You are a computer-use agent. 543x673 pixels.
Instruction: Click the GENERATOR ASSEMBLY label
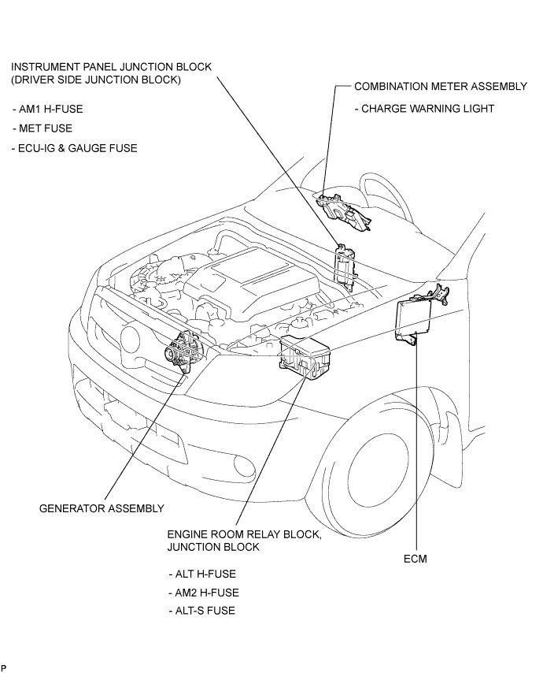[x=102, y=508]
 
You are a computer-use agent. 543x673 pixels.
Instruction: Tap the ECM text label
[x=416, y=559]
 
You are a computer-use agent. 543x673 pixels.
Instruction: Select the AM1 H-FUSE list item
[x=47, y=109]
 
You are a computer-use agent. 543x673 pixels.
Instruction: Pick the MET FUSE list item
[x=42, y=128]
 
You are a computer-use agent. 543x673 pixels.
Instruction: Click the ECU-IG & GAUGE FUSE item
[x=75, y=148]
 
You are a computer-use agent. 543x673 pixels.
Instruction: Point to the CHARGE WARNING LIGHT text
[x=424, y=109]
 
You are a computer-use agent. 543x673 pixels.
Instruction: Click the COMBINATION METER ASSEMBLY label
[x=441, y=86]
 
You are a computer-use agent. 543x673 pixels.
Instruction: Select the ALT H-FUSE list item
[x=202, y=574]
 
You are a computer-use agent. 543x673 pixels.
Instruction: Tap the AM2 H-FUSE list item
[x=204, y=593]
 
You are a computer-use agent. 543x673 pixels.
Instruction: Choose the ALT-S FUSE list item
[x=202, y=611]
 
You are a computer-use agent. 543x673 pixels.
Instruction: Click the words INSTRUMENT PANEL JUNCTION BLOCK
[x=111, y=67]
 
